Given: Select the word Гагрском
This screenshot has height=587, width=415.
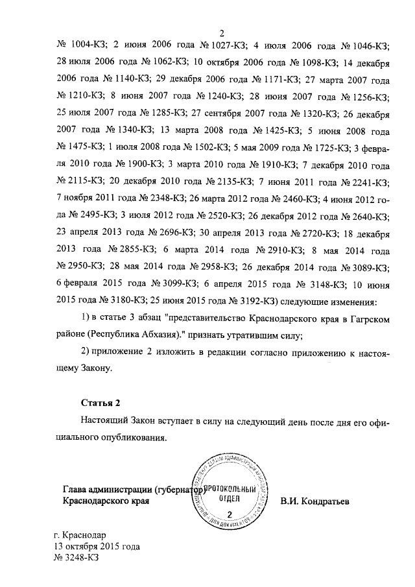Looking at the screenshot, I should [x=366, y=317].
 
